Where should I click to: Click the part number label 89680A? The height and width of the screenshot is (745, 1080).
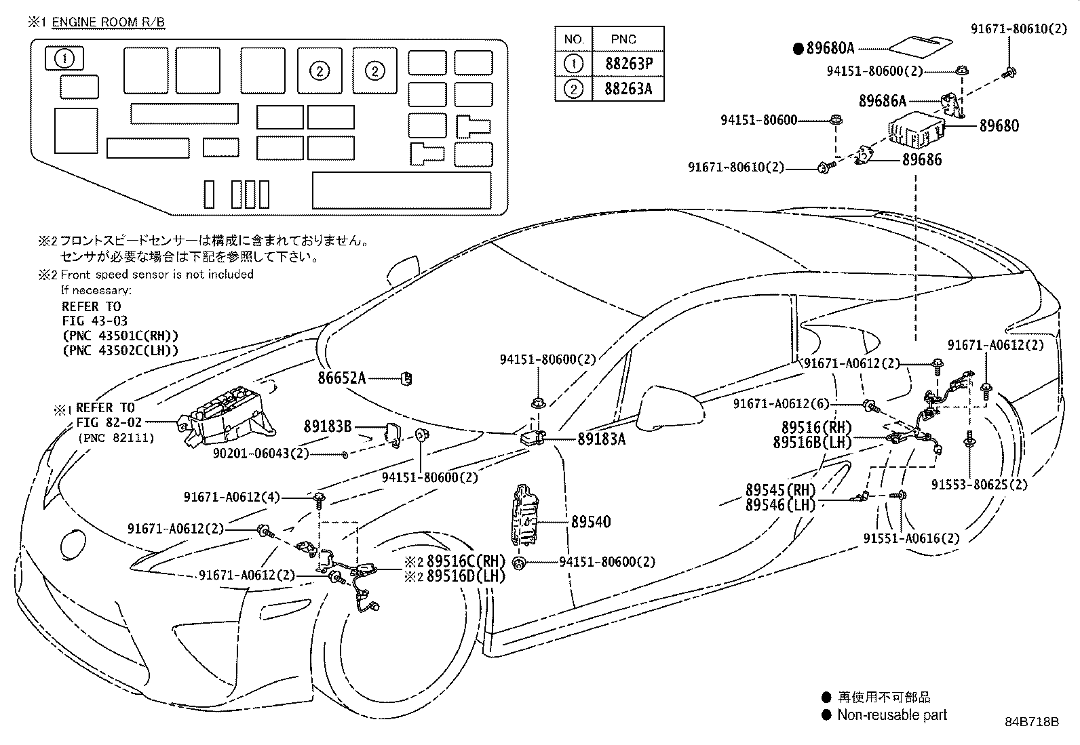pos(830,48)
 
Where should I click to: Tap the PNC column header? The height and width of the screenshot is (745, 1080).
pos(623,39)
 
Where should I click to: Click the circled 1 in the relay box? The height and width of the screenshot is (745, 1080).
pos(64,59)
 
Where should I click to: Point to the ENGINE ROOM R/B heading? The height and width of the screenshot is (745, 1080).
pos(108,22)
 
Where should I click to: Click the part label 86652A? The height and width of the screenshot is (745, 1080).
pos(341,378)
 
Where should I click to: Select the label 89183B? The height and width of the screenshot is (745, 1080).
pos(328,426)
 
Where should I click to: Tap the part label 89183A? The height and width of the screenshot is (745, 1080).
pos(601,439)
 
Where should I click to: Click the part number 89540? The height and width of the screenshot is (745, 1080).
pos(591,521)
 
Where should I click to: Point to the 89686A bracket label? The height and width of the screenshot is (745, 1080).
pos(883,101)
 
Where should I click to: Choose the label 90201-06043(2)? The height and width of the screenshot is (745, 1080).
pos(261,454)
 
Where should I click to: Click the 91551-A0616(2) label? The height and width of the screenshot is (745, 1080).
pos(911,538)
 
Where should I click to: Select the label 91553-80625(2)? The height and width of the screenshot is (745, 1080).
pos(979,484)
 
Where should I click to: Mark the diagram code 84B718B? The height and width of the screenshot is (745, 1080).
pos(1032,721)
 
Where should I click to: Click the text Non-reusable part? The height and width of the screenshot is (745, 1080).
pos(892,714)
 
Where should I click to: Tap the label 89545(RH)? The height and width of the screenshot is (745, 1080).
pos(781,490)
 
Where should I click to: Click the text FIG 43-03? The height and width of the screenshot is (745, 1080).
pos(95,321)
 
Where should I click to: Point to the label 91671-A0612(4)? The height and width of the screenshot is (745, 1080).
pos(232,497)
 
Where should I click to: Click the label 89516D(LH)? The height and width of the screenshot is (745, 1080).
pos(466,576)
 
